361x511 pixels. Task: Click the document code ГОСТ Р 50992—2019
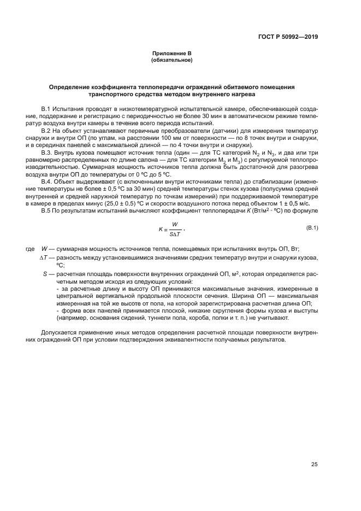[x=288, y=38]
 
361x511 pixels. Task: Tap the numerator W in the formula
[x=175, y=225]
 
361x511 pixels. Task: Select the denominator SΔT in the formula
[x=175, y=236]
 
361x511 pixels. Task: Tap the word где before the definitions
[x=29, y=249]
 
